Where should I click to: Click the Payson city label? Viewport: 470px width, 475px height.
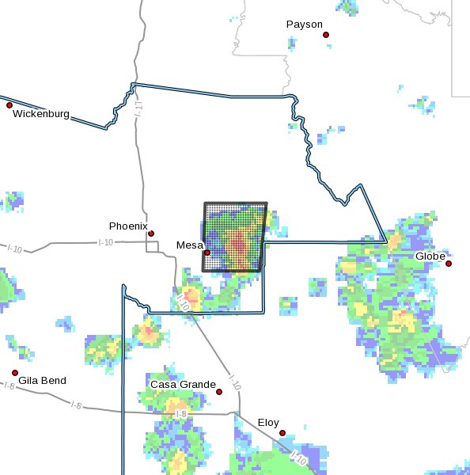pyautogui.click(x=305, y=25)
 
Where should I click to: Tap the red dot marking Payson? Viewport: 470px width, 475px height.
pyautogui.click(x=325, y=35)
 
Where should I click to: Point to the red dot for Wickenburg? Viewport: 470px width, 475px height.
pyautogui.click(x=9, y=105)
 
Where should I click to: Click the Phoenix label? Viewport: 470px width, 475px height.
pyautogui.click(x=128, y=226)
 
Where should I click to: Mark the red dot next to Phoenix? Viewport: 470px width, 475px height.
pyautogui.click(x=151, y=234)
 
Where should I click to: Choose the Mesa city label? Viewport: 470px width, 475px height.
pyautogui.click(x=189, y=246)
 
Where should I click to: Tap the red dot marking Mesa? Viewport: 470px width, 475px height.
pyautogui.click(x=207, y=253)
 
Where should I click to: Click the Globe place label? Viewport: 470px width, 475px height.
pyautogui.click(x=430, y=256)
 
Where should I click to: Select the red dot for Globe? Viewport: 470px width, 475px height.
pyautogui.click(x=449, y=264)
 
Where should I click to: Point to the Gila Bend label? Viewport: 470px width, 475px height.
pyautogui.click(x=44, y=381)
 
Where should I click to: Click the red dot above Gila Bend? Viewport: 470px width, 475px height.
pyautogui.click(x=14, y=372)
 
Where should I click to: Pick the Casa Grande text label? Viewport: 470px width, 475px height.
pyautogui.click(x=183, y=385)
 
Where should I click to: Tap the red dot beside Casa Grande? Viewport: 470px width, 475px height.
pyautogui.click(x=219, y=391)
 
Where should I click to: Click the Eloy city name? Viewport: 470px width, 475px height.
pyautogui.click(x=268, y=423)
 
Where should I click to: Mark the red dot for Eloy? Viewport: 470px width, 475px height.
pyautogui.click(x=282, y=433)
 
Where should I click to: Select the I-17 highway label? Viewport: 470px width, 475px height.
pyautogui.click(x=138, y=110)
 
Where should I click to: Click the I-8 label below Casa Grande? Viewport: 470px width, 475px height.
pyautogui.click(x=180, y=414)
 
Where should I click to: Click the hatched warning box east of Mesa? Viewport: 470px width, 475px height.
pyautogui.click(x=235, y=237)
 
